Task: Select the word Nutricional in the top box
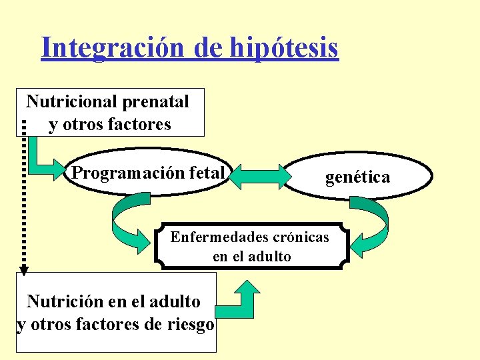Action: [71, 102]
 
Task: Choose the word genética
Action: [357, 177]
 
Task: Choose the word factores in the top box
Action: [138, 125]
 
